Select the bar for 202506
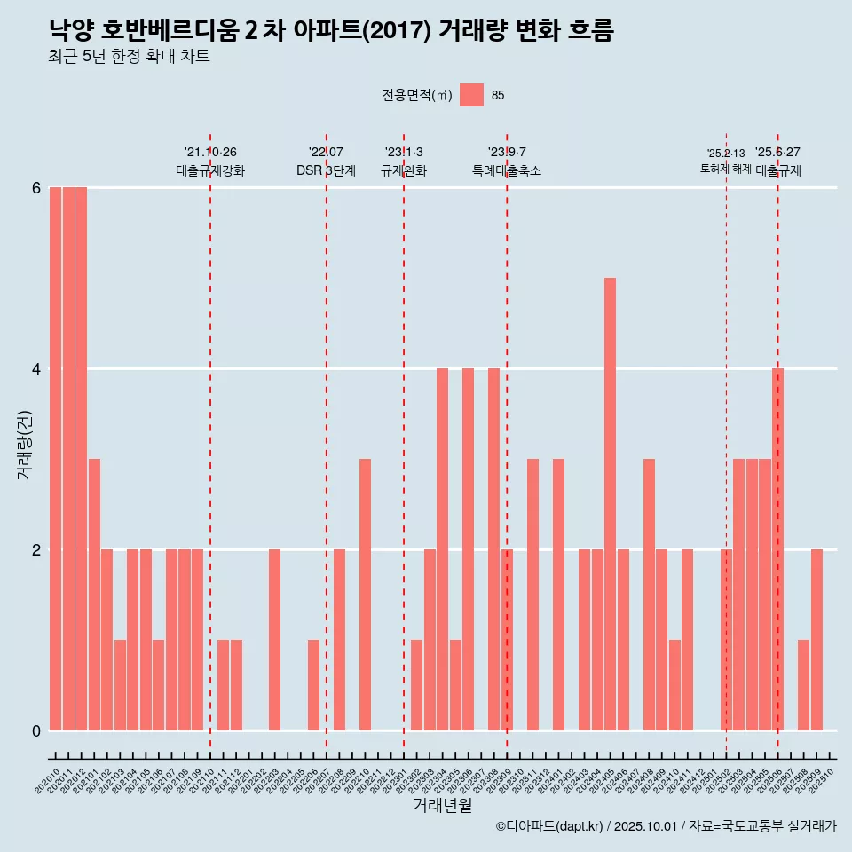click(x=777, y=549)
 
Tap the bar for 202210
click(x=365, y=595)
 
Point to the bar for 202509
click(x=816, y=640)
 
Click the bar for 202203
click(x=275, y=640)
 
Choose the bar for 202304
click(x=442, y=549)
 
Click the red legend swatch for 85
click(x=472, y=95)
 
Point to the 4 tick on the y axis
click(x=36, y=368)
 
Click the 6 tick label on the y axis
click(x=36, y=187)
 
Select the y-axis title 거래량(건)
click(x=25, y=445)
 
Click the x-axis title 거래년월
click(x=442, y=805)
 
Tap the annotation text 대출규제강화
click(x=210, y=170)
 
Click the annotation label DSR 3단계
click(x=326, y=170)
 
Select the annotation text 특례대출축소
click(x=507, y=170)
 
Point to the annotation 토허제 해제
click(x=726, y=169)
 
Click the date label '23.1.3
click(x=404, y=152)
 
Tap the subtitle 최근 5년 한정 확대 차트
click(x=130, y=57)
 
